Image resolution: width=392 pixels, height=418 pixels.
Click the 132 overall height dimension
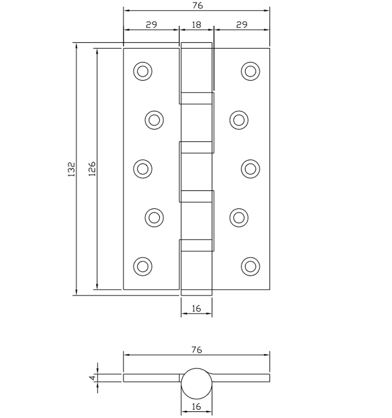(71, 170)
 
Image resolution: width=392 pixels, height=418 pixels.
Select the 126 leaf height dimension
(92, 170)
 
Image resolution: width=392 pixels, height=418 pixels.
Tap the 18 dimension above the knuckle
(196, 25)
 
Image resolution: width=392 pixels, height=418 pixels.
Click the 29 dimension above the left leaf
(151, 25)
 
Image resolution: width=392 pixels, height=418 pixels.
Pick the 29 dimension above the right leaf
(242, 25)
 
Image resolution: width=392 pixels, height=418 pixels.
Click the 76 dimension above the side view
(196, 350)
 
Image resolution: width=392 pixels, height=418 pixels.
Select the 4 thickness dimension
(92, 378)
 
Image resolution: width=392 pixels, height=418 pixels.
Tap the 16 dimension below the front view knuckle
(196, 308)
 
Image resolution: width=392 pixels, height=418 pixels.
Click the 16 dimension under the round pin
(196, 407)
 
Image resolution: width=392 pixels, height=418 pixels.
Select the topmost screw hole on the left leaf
(143, 71)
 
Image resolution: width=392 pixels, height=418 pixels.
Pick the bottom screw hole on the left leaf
(143, 266)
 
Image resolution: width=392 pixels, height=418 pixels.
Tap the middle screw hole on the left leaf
(143, 169)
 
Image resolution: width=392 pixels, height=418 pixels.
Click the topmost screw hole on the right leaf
(250, 71)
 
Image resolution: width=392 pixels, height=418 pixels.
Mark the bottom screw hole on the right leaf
(250, 266)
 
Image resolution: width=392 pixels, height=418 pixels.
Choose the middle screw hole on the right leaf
(250, 169)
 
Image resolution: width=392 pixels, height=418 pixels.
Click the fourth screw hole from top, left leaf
(154, 217)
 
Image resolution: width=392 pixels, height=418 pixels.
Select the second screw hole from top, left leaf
(154, 120)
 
